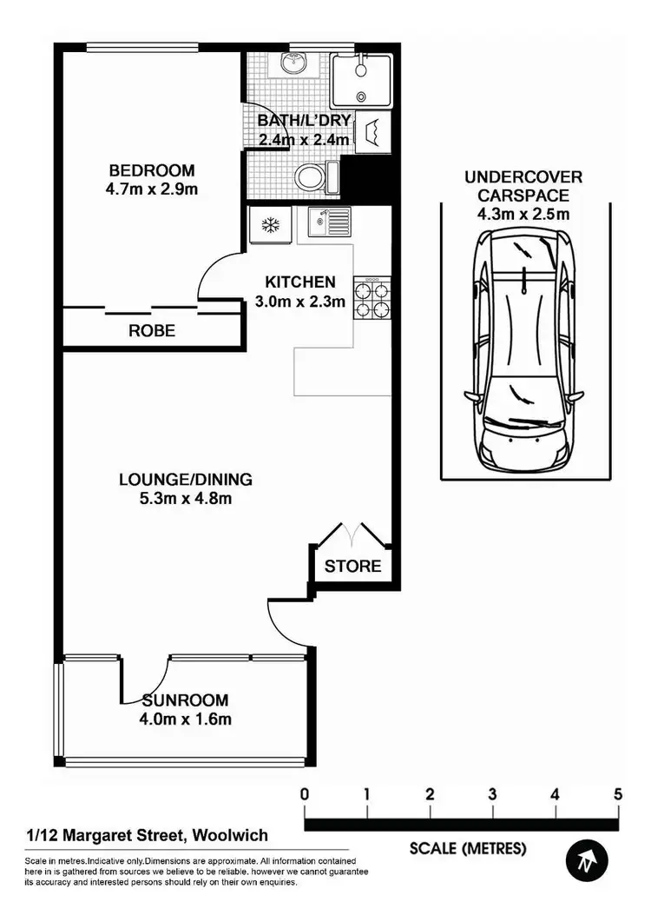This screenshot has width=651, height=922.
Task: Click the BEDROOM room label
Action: pos(152,170)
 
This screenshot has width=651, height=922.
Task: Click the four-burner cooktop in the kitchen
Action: pos(371,299)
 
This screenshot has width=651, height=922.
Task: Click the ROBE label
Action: pos(152,330)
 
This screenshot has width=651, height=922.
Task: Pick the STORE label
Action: pos(352,567)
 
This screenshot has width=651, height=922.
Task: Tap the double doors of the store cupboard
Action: pos(352,533)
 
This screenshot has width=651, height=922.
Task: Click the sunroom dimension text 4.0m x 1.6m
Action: pos(186,719)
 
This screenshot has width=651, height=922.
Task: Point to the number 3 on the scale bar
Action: pos(492,793)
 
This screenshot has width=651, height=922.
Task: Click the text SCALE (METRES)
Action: pos(468,848)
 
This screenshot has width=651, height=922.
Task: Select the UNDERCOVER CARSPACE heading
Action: pos(523,185)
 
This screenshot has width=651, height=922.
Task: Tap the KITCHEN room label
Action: pos(299,282)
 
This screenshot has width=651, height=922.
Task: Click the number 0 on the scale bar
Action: pos(305,793)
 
